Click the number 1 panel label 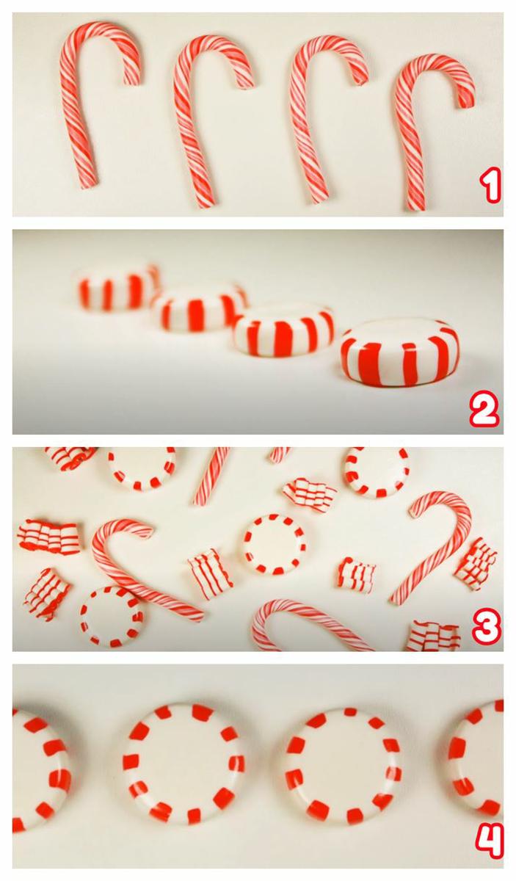click(x=490, y=186)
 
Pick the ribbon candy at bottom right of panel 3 click(x=432, y=636)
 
